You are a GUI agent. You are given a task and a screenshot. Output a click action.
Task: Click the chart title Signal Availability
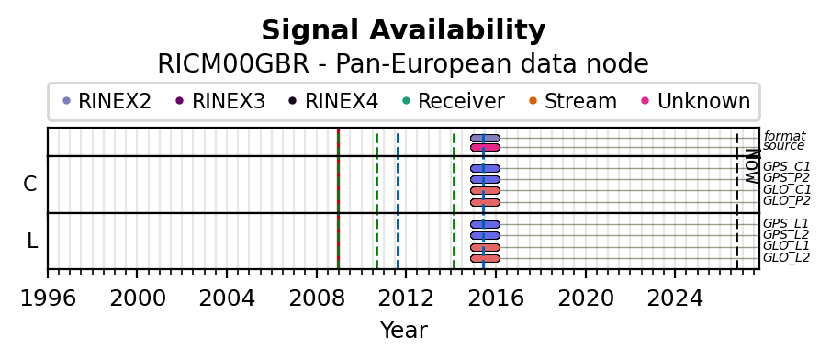point(403,30)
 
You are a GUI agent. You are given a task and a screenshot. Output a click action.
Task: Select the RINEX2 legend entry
point(107,101)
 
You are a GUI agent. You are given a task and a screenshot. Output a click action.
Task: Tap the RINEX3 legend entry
point(220,101)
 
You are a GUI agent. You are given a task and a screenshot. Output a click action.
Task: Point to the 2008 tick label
point(317,298)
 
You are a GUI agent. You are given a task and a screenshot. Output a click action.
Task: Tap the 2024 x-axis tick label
point(675,298)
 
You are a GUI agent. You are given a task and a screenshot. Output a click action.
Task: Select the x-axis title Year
point(403,331)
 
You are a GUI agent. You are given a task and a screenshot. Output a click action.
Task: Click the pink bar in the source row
point(485,147)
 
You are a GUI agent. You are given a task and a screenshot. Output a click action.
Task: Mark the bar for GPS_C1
point(485,169)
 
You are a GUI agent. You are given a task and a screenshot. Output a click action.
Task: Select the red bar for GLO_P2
point(485,203)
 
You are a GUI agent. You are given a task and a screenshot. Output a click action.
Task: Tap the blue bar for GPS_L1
point(485,225)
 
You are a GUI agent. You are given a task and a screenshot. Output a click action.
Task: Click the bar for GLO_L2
point(485,259)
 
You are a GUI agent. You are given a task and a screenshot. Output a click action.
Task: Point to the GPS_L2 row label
point(786,235)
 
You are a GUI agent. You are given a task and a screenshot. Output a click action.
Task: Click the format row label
point(784,136)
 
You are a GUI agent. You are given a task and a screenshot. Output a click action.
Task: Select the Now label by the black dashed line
point(752,166)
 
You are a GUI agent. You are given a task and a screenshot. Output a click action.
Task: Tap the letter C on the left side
point(30,185)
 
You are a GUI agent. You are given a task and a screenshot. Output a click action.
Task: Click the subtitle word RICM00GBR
point(232,64)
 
